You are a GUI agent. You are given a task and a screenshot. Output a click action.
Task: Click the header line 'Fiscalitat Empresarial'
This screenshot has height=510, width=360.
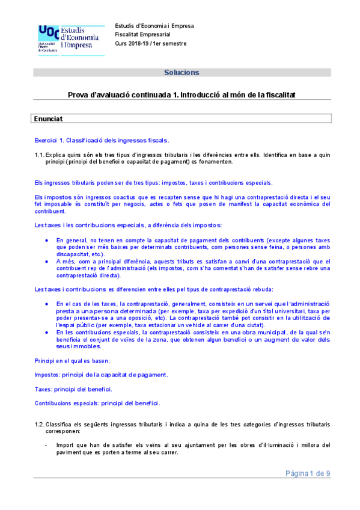click(x=143, y=35)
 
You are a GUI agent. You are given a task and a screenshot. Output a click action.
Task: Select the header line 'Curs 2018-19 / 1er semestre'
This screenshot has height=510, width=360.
click(x=150, y=44)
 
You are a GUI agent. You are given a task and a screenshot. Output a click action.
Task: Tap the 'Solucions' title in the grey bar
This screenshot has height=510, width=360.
click(x=182, y=73)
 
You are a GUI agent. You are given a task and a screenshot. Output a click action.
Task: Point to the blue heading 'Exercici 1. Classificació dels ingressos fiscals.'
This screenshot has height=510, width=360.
click(x=102, y=140)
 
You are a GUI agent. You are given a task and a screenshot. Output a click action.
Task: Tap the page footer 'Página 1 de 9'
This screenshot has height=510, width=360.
click(x=308, y=473)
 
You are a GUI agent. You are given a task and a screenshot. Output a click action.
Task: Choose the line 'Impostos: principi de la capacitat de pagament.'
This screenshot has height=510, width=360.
click(x=101, y=374)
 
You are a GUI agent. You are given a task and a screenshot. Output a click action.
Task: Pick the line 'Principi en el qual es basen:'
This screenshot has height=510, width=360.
click(x=71, y=360)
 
